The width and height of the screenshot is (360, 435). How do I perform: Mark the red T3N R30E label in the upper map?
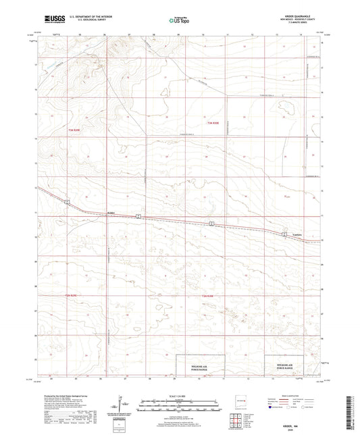[213, 122]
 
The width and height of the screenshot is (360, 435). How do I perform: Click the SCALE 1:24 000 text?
[180, 394]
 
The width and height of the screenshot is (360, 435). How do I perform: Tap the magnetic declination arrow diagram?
[124, 403]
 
